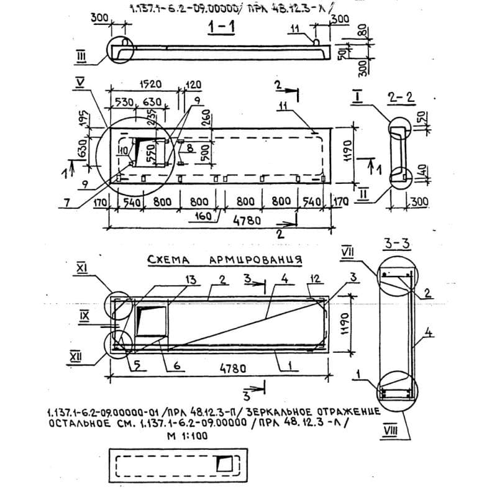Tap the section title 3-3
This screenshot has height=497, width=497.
pyautogui.click(x=396, y=245)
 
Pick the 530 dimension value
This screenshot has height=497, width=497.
pyautogui.click(x=124, y=102)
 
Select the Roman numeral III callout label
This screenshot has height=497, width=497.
pyautogui.click(x=81, y=58)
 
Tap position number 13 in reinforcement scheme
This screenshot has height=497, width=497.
pyautogui.click(x=191, y=281)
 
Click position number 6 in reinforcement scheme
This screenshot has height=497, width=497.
pyautogui.click(x=176, y=367)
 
